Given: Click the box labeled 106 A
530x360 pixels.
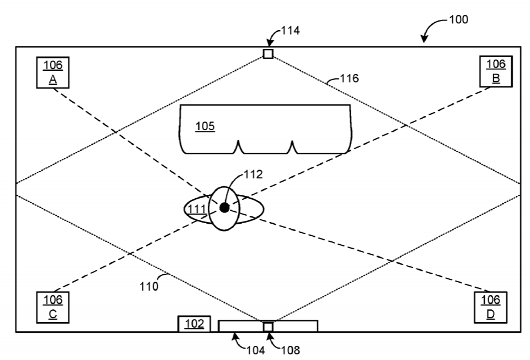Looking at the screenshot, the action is [53, 73].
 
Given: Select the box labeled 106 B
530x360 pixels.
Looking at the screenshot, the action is [496, 72].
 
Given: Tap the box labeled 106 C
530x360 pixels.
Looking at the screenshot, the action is [53, 307].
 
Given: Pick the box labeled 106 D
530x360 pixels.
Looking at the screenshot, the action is [490, 307].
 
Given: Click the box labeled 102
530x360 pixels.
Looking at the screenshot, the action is [195, 324].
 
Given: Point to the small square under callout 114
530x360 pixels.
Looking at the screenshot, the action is [268, 54].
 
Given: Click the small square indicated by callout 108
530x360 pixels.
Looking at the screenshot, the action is [268, 327].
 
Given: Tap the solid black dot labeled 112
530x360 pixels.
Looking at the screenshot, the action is [225, 208].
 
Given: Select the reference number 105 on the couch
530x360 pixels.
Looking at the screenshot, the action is [205, 126].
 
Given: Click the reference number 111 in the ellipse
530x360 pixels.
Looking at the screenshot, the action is [197, 209].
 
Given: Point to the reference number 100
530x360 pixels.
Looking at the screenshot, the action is [459, 19].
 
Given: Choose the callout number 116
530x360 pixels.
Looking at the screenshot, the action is [349, 78].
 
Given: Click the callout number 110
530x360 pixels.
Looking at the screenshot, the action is [149, 287].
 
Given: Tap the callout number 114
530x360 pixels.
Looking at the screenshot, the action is [291, 31].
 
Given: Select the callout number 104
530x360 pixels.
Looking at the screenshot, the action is [255, 350].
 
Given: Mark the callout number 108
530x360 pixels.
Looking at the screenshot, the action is [291, 350].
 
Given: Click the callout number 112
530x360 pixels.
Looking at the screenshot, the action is [253, 174].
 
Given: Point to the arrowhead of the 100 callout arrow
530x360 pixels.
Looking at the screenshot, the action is [424, 40].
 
